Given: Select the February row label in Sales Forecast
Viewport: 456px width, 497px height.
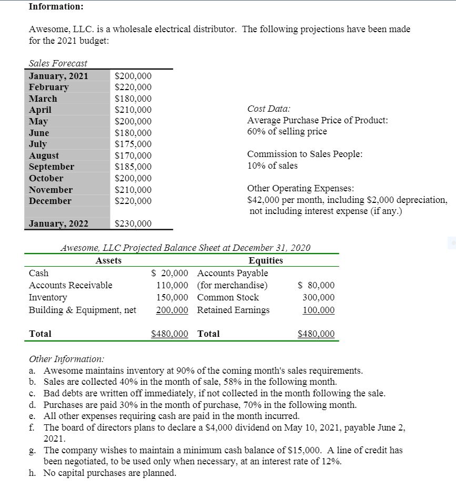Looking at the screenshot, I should coord(48,87).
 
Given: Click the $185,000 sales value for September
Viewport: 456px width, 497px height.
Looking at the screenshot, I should coord(133,167).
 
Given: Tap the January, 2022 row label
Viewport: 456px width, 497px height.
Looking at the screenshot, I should coord(58,223).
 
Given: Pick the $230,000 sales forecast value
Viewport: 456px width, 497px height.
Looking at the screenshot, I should coord(133,224).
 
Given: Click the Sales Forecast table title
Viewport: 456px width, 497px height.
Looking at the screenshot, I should coord(58,63).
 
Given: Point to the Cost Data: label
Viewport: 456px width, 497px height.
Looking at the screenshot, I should coord(268,109).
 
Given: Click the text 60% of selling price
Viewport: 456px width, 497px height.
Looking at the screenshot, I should coord(287,131).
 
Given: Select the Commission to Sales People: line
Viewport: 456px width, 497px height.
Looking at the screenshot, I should coord(305,154).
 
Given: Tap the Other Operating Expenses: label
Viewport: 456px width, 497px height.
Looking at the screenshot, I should coord(300,188).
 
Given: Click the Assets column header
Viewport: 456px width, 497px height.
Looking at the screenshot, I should coord(108,260).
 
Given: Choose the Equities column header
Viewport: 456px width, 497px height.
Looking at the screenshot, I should coord(266,260).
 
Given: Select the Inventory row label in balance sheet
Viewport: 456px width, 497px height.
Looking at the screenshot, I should coord(48,297).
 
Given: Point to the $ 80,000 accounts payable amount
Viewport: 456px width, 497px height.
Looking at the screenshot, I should coord(316,286).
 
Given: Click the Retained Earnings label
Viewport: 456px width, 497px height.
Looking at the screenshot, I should coord(233,310).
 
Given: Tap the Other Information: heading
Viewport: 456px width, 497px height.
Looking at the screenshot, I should coord(66,359).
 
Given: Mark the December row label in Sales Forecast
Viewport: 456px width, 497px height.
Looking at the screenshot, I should coord(50,201).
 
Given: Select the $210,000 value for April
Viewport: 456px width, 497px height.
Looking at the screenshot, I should coord(133,110).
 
